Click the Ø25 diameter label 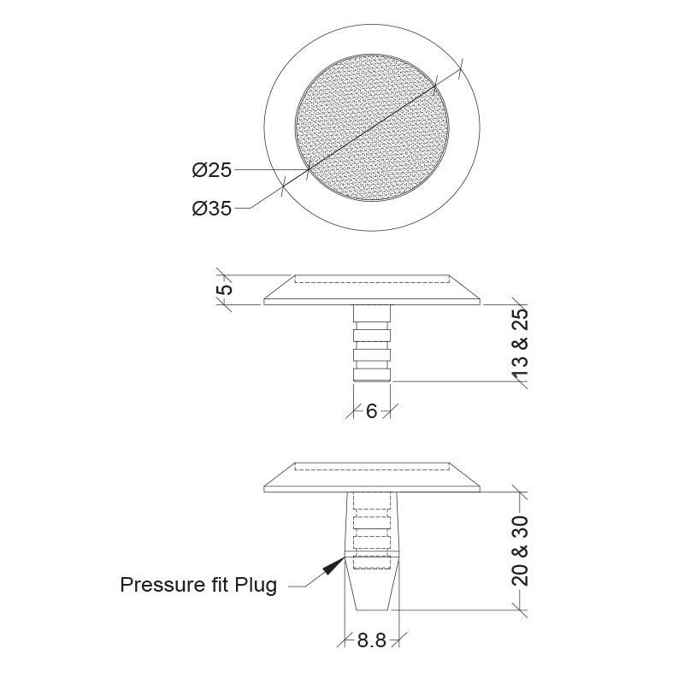tap(211, 169)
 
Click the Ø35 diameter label tap(211, 208)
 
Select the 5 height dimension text tap(227, 290)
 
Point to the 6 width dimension tap(371, 411)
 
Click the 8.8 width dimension tap(372, 640)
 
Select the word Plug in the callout tap(256, 586)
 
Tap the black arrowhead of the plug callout tap(333, 565)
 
